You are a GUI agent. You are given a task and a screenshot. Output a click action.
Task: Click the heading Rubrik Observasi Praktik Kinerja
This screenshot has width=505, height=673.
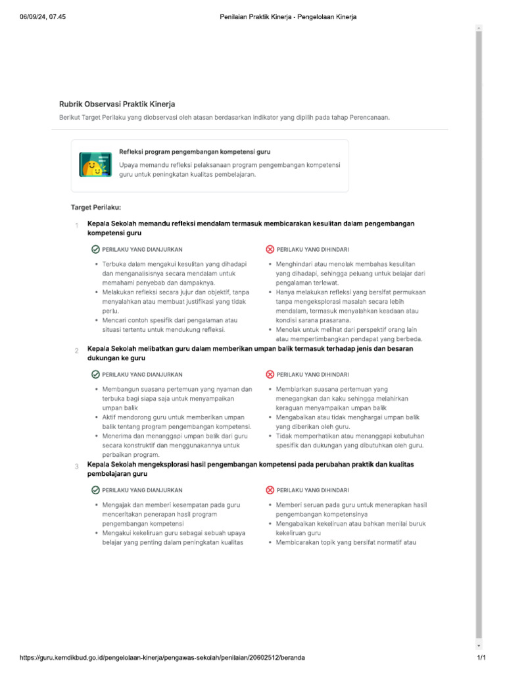coord(117,104)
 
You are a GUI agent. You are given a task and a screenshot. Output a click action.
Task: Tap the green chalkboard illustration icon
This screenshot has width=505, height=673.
coord(95,164)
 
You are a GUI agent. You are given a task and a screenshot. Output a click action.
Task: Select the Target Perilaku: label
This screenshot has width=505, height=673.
coord(96,208)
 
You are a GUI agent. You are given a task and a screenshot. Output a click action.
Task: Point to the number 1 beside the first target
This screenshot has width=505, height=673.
coord(76,227)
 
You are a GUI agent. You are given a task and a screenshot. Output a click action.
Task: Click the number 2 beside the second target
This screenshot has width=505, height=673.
coord(76,351)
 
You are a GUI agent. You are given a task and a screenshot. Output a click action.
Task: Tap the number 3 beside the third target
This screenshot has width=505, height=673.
coord(76,467)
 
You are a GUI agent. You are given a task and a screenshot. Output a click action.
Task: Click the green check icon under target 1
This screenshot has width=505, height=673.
coord(96,250)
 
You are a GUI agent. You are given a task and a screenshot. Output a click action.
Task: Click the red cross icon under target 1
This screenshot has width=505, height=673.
coord(270,250)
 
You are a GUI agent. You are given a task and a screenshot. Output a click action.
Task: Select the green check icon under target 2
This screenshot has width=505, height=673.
coord(96,375)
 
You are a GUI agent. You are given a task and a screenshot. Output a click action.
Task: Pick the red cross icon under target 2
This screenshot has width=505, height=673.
coord(270,375)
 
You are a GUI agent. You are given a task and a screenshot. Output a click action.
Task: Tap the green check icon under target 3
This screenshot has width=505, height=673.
coord(96,490)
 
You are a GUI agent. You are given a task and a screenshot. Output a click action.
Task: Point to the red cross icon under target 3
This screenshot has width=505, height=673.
coord(270,490)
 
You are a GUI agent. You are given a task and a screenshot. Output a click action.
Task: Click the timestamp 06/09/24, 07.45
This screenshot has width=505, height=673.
coord(42,17)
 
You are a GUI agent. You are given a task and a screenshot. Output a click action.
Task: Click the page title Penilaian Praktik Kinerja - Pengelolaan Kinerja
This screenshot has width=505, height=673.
coord(288,17)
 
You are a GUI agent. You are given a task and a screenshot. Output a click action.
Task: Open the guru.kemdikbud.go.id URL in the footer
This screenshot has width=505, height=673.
coord(162,657)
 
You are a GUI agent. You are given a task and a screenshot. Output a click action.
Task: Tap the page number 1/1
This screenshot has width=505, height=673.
coord(481,657)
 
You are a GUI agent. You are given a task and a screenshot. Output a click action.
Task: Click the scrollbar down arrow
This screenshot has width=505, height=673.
coord(479,645)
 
